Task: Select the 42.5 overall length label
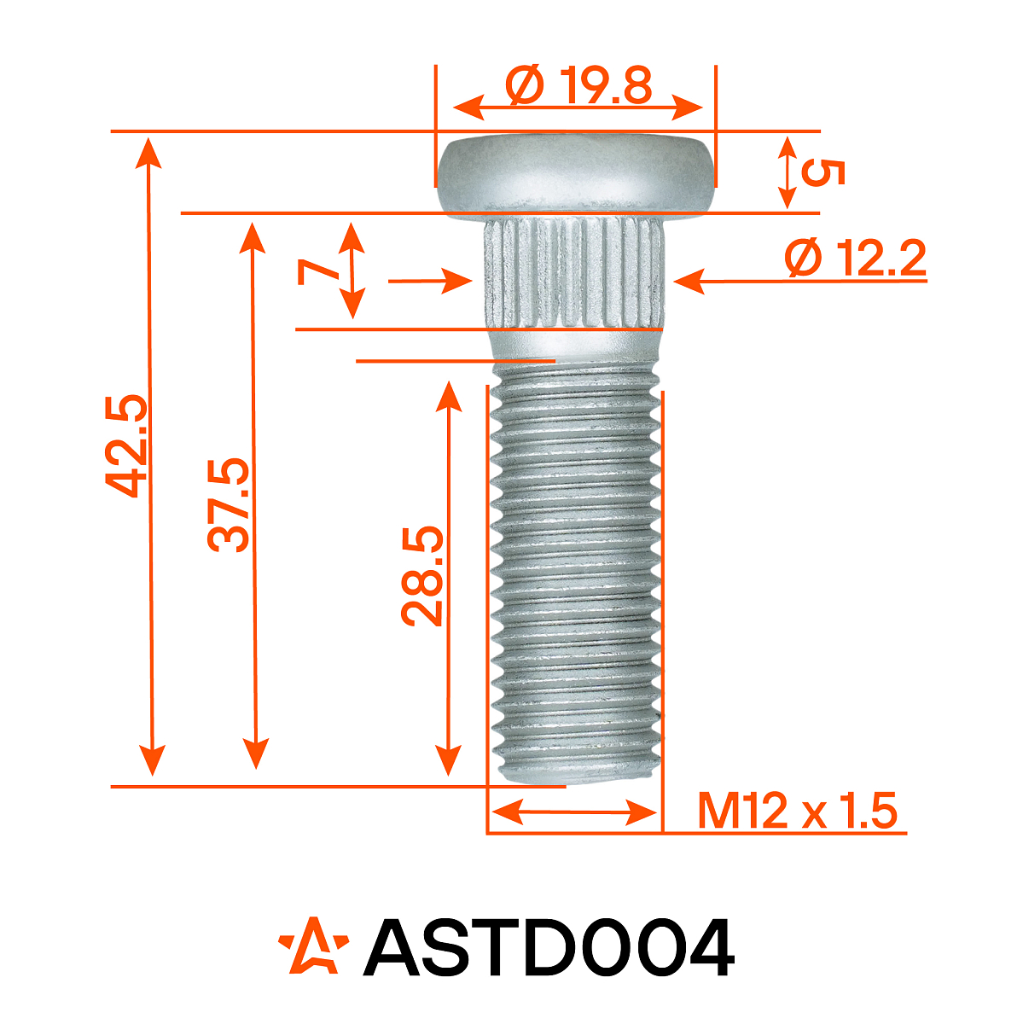click(128, 445)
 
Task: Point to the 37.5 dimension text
click(230, 504)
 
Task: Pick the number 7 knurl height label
click(317, 272)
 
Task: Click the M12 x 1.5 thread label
click(798, 811)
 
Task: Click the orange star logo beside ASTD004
click(313, 946)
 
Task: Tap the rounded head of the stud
click(576, 175)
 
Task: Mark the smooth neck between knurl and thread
click(576, 343)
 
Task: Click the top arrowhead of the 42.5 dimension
click(151, 149)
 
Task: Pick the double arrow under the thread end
click(574, 812)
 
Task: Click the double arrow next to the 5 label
click(787, 172)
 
